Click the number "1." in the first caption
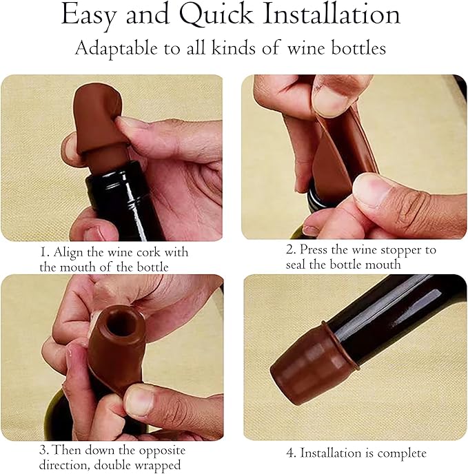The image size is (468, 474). [x=45, y=252]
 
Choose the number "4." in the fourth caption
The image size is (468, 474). [x=291, y=453]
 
